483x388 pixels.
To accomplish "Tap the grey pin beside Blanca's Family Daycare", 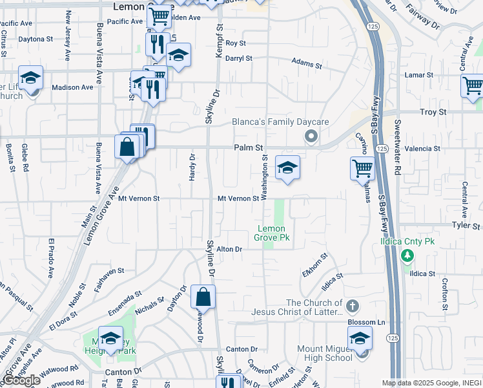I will click(x=311, y=136).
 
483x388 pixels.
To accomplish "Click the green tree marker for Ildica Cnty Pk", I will click(x=407, y=257).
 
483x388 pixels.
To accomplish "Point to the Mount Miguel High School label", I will click(x=325, y=353).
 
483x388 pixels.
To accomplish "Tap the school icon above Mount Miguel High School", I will click(x=360, y=338).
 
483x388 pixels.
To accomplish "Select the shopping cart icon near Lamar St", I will click(x=473, y=85).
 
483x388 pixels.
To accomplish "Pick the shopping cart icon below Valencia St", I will click(x=363, y=168).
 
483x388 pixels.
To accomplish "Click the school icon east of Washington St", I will click(x=287, y=167).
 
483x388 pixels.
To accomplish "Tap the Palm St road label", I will click(x=249, y=147).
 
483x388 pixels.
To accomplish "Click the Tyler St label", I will click(x=466, y=226).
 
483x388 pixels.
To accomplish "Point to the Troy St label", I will click(x=433, y=112).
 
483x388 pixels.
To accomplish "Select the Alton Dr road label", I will click(x=229, y=249).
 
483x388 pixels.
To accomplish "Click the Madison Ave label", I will click(x=72, y=87).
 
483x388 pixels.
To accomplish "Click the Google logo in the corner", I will click(x=21, y=380).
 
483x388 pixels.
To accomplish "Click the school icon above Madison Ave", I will click(x=30, y=78).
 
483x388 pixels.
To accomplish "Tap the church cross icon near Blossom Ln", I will click(x=352, y=305).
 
